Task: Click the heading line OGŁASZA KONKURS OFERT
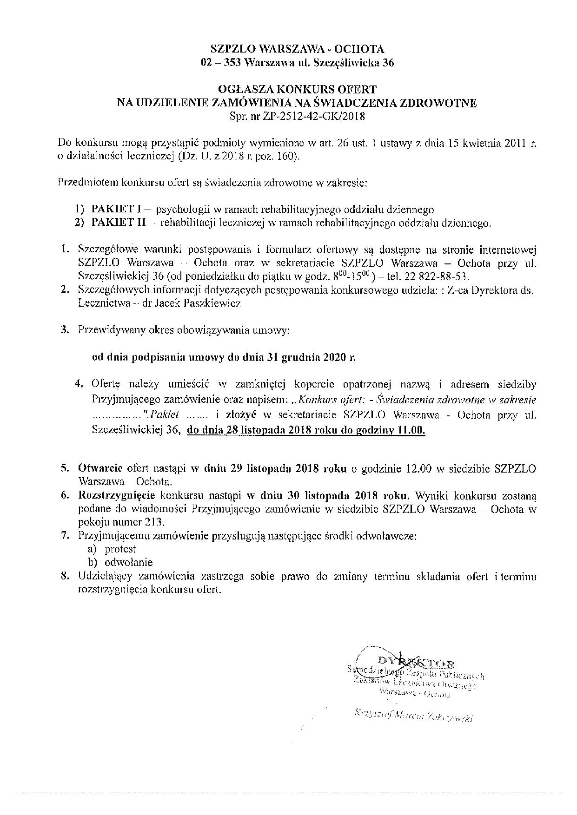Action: [297, 88]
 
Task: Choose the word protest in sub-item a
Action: [120, 549]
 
